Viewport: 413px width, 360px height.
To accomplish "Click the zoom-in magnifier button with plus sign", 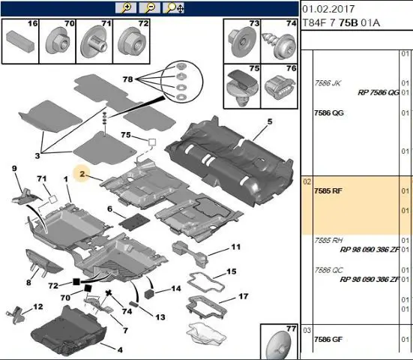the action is (126, 8).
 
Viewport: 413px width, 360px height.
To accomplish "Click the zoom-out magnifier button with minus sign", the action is (149, 8).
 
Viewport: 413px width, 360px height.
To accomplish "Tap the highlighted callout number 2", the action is (82, 174).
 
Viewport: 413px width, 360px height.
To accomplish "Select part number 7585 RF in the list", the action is (328, 190).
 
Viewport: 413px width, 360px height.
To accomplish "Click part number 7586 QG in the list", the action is (329, 112).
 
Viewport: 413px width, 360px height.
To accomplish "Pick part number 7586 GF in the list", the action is (328, 340).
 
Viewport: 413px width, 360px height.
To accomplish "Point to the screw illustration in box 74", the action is (278, 43).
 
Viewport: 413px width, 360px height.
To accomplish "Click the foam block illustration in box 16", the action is (20, 41).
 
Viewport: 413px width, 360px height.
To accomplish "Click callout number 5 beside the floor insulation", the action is (270, 121).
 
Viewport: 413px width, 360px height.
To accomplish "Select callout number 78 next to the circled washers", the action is (127, 79).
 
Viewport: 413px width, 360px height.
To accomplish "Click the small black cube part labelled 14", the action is (149, 293).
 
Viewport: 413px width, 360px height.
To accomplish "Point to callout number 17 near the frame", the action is (244, 296).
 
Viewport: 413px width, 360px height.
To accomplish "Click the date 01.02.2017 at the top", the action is (328, 9).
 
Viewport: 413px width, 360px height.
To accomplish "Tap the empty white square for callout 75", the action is (152, 142).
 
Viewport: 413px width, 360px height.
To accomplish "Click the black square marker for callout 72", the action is (76, 282).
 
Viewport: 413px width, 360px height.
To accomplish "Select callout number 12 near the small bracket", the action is (38, 307).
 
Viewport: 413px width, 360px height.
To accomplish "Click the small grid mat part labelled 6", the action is (134, 220).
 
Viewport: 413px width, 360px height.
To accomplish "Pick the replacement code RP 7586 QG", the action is (379, 92).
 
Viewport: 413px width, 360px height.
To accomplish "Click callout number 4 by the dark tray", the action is (120, 350).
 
